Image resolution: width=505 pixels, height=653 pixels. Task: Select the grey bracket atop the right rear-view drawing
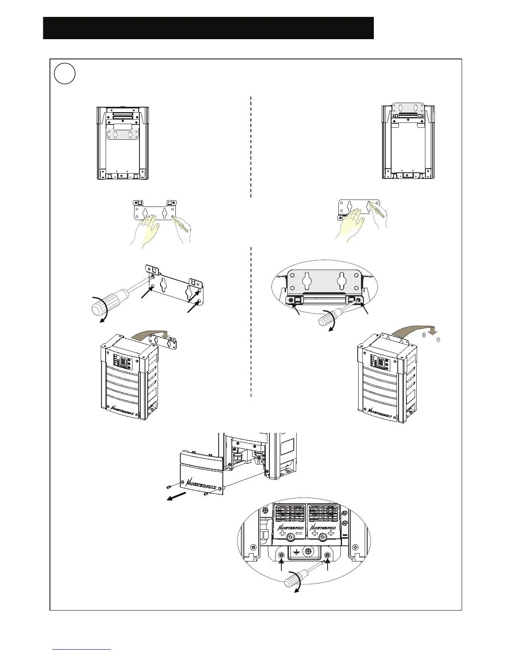click(x=408, y=108)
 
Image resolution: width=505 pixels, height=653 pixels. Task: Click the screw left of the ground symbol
click(x=281, y=555)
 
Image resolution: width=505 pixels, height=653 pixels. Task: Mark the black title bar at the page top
click(x=208, y=28)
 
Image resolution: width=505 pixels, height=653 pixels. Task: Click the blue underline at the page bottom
click(x=82, y=649)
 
